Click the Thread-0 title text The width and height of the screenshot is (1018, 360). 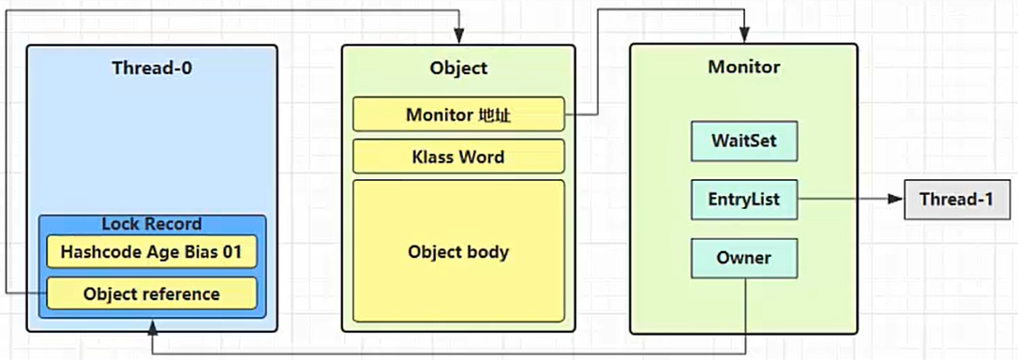click(151, 67)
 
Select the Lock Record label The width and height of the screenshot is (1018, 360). click(151, 224)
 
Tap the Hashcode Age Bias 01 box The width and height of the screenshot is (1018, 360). click(151, 251)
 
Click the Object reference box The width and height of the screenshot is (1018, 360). click(151, 293)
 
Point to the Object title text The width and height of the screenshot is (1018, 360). click(458, 68)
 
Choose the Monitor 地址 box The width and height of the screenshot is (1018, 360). click(458, 114)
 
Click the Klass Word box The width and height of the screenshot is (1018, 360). click(458, 157)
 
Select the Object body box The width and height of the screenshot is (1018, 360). click(458, 251)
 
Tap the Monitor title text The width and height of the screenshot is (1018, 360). click(743, 67)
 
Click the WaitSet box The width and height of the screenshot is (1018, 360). click(743, 142)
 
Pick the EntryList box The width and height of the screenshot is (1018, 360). click(743, 200)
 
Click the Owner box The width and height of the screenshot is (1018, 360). click(743, 258)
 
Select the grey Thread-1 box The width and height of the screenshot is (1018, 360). click(956, 200)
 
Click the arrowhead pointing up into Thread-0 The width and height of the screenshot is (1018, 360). click(151, 325)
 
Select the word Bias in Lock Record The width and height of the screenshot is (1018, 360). click(206, 251)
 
